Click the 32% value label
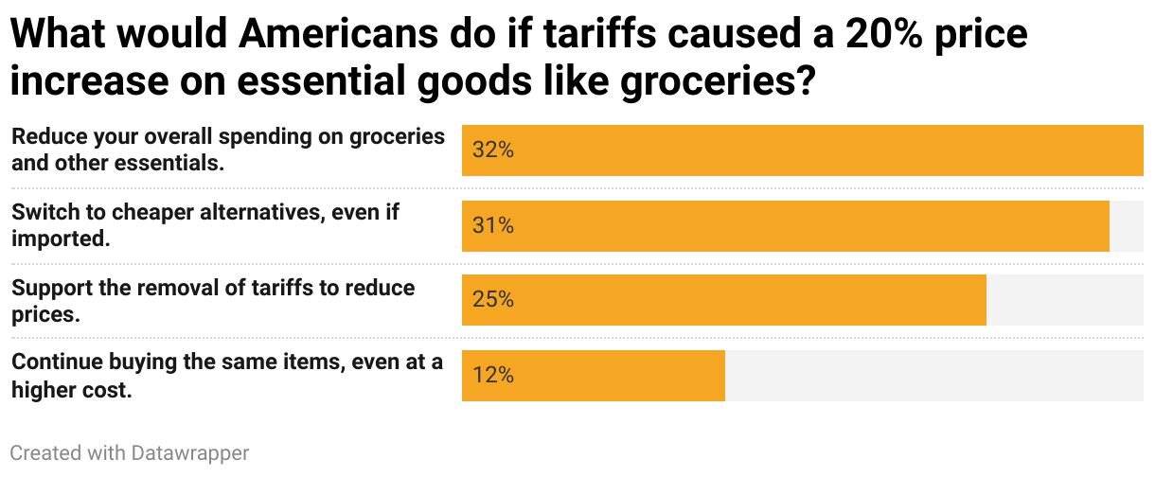pyautogui.click(x=492, y=150)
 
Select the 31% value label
pyautogui.click(x=492, y=226)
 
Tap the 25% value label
pyautogui.click(x=492, y=300)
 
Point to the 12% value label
pyautogui.click(x=492, y=376)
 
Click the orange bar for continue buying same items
pyautogui.click(x=615, y=376)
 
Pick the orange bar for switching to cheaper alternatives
pyautogui.click(x=805, y=226)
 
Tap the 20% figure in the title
pyautogui.click(x=880, y=35)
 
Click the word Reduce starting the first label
pyautogui.click(x=46, y=136)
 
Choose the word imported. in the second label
pyautogui.click(x=61, y=238)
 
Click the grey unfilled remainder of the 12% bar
pyautogui.click(x=933, y=376)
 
